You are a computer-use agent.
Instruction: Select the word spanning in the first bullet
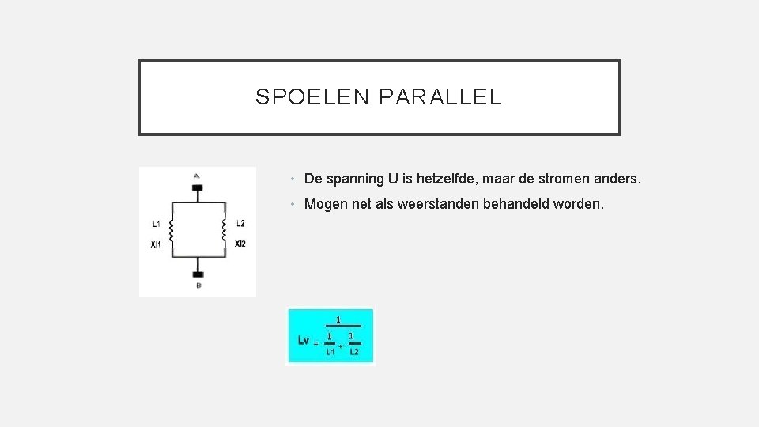[x=354, y=180]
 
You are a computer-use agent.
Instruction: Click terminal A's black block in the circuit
[x=197, y=188]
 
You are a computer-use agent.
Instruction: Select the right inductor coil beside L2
[x=225, y=230]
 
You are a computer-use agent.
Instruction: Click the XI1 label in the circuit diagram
[x=156, y=244]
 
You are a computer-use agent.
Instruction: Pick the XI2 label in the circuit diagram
[x=240, y=244]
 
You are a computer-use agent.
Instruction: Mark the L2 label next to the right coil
[x=240, y=224]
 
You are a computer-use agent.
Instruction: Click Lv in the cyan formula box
[x=304, y=340]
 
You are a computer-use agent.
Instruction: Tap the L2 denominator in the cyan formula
[x=353, y=352]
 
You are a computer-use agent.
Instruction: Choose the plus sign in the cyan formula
[x=341, y=346]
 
